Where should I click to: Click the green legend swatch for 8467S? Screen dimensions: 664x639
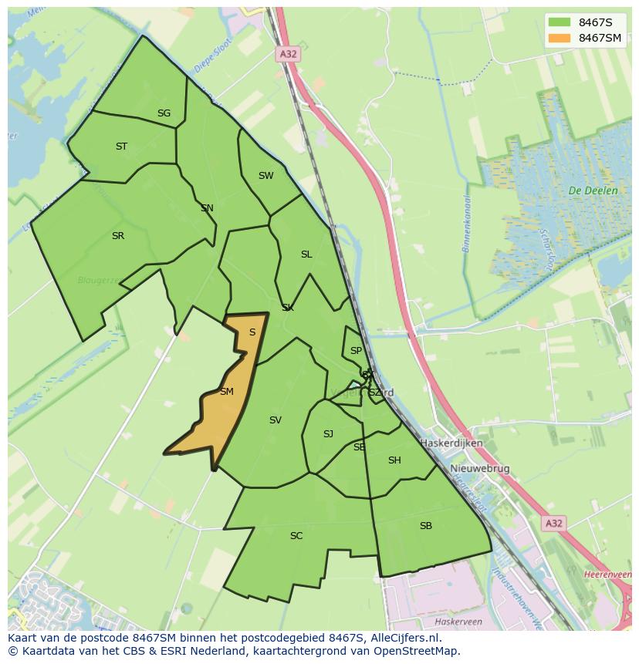[560, 22]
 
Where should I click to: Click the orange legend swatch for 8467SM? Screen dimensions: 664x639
[560, 38]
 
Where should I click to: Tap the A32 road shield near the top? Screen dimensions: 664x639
[287, 54]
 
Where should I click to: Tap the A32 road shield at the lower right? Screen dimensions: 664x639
[553, 523]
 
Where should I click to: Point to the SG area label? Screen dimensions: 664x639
[164, 113]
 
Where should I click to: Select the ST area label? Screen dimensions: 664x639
[121, 147]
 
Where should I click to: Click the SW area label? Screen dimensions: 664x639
[265, 176]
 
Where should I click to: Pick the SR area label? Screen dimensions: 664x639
[117, 236]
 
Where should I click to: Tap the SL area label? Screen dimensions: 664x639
[306, 254]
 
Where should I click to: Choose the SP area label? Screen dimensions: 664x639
[356, 351]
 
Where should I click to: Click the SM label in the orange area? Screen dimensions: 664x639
[226, 392]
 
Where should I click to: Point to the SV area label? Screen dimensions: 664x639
[276, 420]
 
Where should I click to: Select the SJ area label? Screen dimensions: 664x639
[328, 434]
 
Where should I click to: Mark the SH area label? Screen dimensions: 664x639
[394, 460]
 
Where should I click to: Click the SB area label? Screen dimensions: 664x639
[426, 526]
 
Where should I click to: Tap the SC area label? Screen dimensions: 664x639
[296, 536]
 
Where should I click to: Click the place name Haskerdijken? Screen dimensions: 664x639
[451, 443]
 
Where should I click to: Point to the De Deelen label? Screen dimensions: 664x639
[593, 190]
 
